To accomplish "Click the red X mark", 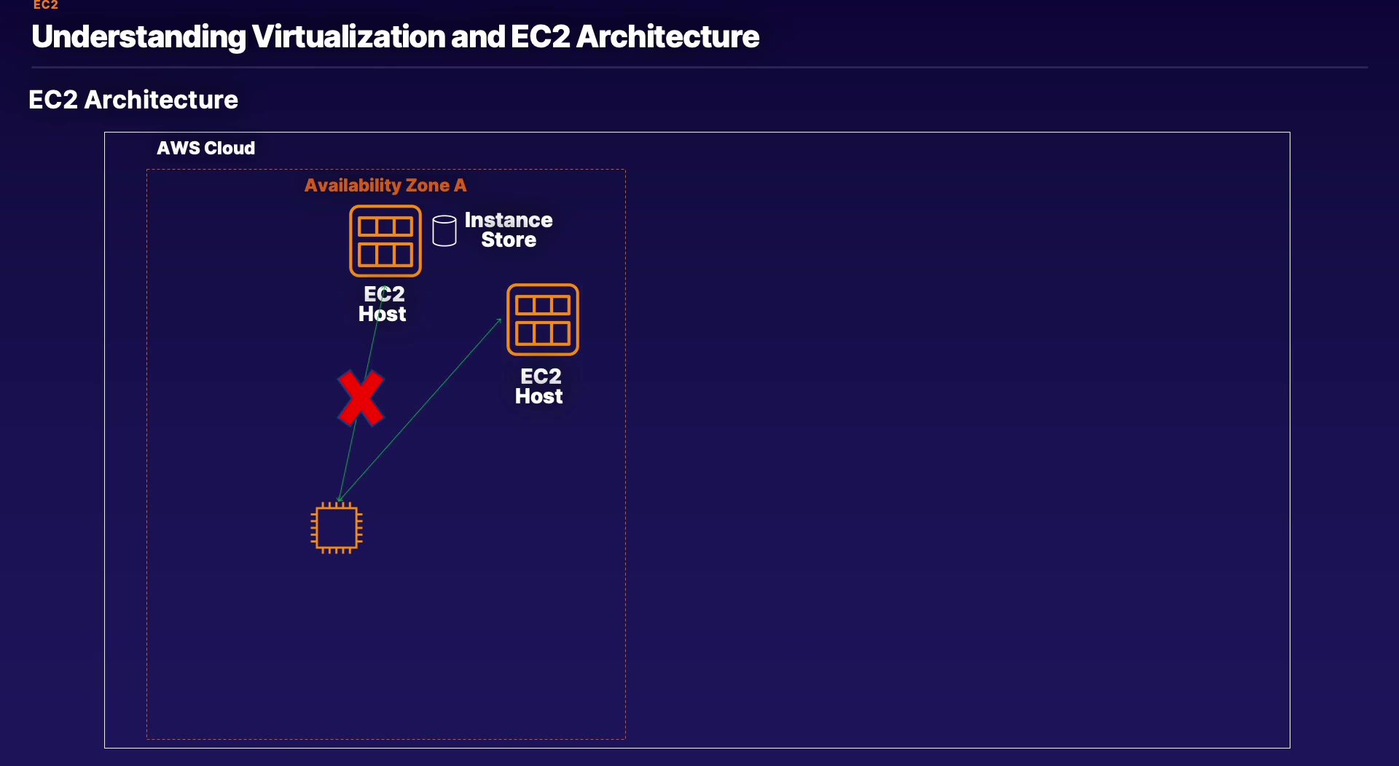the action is click(361, 398).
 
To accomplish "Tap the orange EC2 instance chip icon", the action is click(337, 528).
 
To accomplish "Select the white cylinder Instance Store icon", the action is click(444, 231).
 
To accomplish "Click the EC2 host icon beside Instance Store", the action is click(385, 241).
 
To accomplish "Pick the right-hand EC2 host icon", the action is click(543, 320).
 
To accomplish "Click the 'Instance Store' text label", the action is click(509, 229).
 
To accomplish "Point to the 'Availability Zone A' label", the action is click(385, 186).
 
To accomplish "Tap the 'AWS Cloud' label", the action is click(206, 149).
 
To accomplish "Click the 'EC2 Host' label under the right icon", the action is click(540, 386).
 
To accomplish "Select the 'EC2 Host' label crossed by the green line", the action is click(383, 304).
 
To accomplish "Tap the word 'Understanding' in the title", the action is click(138, 37).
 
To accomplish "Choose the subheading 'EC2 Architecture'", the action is click(133, 100).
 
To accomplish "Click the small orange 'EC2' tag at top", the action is click(46, 5).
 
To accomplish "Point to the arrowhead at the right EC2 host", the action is click(500, 320).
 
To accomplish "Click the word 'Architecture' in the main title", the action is click(667, 37).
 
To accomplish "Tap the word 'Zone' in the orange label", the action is click(427, 186).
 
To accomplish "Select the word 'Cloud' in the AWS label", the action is click(230, 149).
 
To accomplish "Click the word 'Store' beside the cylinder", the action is click(509, 240).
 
